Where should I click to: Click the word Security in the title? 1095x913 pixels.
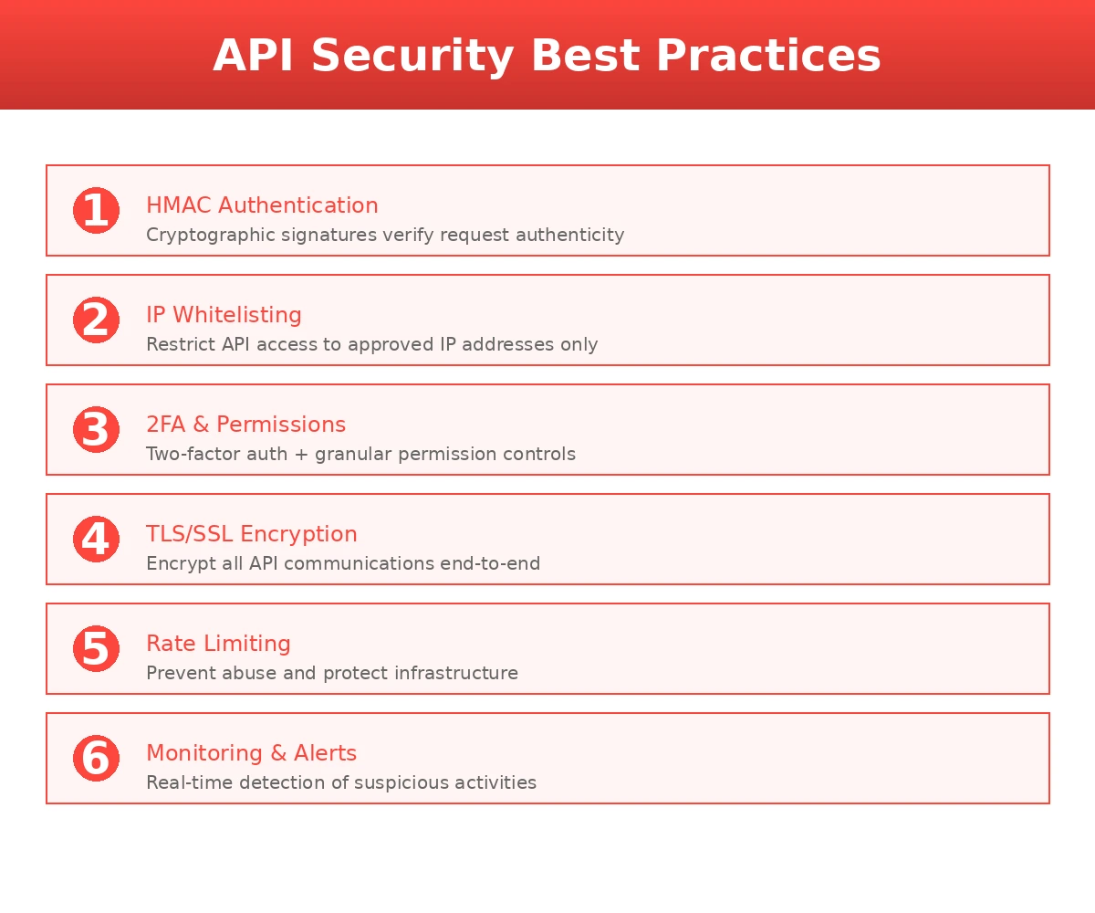point(413,57)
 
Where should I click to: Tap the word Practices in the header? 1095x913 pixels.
point(768,57)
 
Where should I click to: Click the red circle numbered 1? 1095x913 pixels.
point(96,211)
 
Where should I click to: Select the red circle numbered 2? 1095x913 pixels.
point(96,320)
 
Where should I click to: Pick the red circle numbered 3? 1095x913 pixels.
point(96,430)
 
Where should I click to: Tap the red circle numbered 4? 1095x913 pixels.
point(96,540)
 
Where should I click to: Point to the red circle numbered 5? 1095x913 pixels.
point(96,649)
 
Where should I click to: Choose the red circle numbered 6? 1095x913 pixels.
point(96,759)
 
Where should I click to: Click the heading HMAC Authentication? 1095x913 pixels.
point(262,205)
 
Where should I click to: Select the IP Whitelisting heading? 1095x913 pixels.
point(224,315)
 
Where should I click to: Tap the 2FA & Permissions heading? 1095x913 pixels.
point(245,425)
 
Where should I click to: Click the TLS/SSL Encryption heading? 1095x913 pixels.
point(251,534)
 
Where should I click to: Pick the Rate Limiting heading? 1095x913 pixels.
point(218,644)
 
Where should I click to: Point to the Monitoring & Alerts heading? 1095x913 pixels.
point(251,753)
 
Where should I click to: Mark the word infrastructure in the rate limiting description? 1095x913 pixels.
point(456,674)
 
